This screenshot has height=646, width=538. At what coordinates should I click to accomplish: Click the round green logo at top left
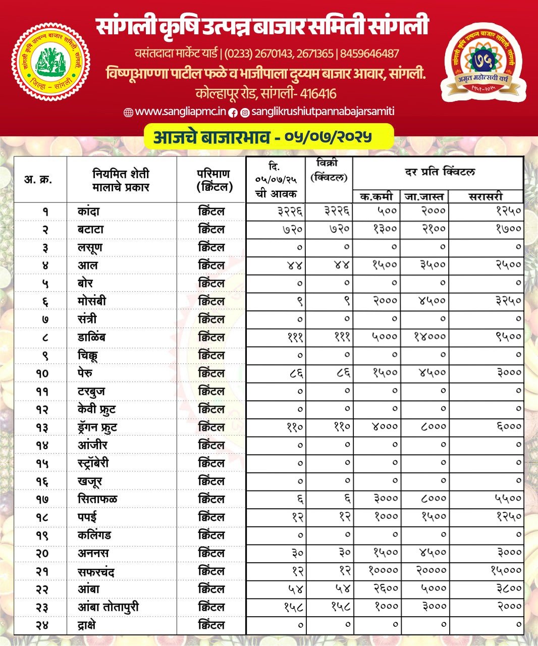point(50,61)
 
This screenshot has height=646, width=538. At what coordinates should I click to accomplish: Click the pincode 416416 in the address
point(318,93)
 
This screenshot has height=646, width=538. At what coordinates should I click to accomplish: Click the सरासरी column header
point(486,196)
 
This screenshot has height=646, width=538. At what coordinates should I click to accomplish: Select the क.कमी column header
point(376,196)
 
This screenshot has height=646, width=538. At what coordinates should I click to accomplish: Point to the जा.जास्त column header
point(423,196)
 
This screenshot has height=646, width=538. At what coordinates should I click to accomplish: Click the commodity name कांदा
point(88,211)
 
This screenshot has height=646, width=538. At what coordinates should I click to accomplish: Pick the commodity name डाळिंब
point(91,337)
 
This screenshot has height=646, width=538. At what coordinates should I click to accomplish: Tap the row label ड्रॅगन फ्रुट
point(97,427)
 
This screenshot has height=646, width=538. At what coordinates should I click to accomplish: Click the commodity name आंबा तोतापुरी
point(108,607)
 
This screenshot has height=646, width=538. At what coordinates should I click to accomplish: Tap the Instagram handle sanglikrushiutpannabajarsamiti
point(323,112)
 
